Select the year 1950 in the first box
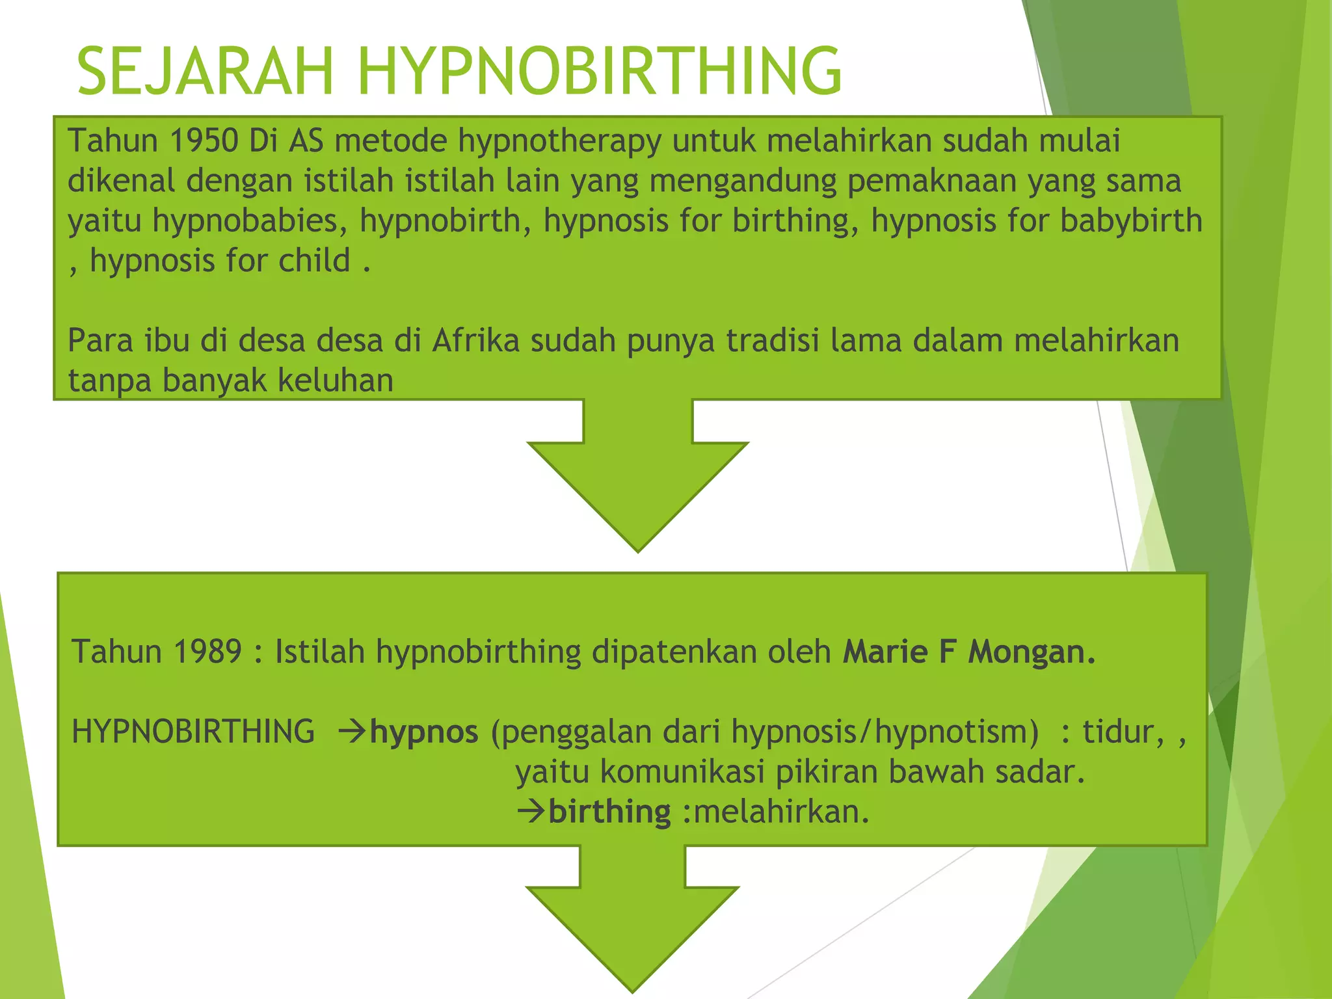204,140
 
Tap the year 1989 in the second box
207,652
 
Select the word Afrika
475,340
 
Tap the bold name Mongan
1032,652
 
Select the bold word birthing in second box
609,812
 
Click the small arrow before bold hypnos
353,732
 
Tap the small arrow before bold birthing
531,811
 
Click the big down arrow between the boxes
637,481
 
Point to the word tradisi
772,340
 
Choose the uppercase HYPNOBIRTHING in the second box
193,732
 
